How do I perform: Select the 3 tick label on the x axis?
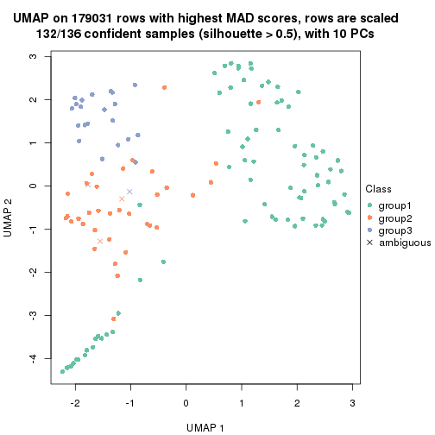click(353, 402)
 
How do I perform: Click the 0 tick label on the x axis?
click(186, 402)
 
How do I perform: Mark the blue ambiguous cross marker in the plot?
click(129, 192)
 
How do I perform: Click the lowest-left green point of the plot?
click(62, 371)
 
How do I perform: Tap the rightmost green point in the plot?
click(349, 212)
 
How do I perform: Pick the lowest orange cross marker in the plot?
click(100, 241)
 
